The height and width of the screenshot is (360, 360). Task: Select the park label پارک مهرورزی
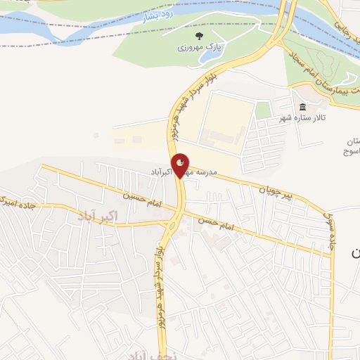click(199, 49)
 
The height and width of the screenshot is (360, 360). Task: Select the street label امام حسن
click(218, 226)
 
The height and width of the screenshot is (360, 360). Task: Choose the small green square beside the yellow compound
click(263, 110)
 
